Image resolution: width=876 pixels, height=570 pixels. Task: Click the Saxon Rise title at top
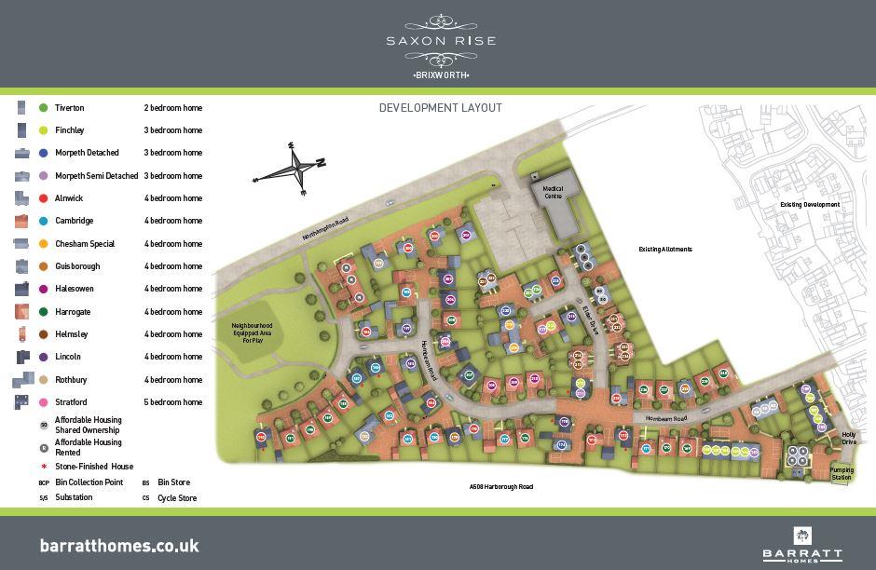[x=441, y=40]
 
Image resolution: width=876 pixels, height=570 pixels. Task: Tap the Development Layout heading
[x=440, y=108]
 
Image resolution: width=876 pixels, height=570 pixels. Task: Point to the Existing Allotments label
[x=664, y=250]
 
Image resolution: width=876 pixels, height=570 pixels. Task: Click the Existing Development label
[x=810, y=205]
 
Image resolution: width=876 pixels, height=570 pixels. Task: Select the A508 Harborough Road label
[x=501, y=487]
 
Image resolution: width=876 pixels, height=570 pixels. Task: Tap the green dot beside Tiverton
[x=43, y=108]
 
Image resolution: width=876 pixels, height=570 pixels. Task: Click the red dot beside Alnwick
[x=43, y=198]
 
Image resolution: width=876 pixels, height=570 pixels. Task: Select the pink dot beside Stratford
[x=43, y=402]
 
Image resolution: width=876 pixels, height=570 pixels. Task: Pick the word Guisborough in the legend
[x=77, y=266]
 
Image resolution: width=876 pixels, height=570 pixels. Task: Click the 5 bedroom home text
[x=173, y=402]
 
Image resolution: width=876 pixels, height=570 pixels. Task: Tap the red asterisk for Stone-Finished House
[x=43, y=467]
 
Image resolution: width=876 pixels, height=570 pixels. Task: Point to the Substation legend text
[x=74, y=497]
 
